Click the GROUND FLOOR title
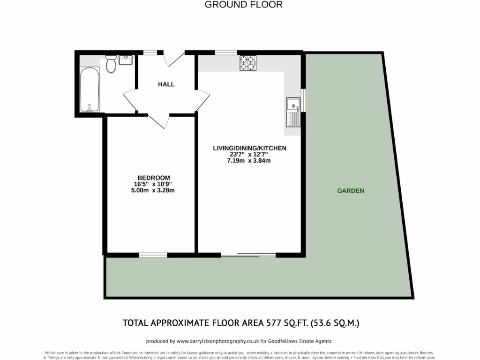point(244,5)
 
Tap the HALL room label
point(166,84)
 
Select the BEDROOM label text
point(154,178)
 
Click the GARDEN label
point(351,191)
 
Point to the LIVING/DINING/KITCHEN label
point(249,148)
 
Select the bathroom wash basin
point(126,60)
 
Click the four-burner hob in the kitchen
point(248,63)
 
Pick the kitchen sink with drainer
point(293,112)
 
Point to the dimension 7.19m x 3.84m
point(249,161)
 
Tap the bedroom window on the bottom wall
point(153,255)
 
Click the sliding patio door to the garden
point(247,255)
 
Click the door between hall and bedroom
point(158,120)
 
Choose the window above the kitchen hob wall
point(226,52)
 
